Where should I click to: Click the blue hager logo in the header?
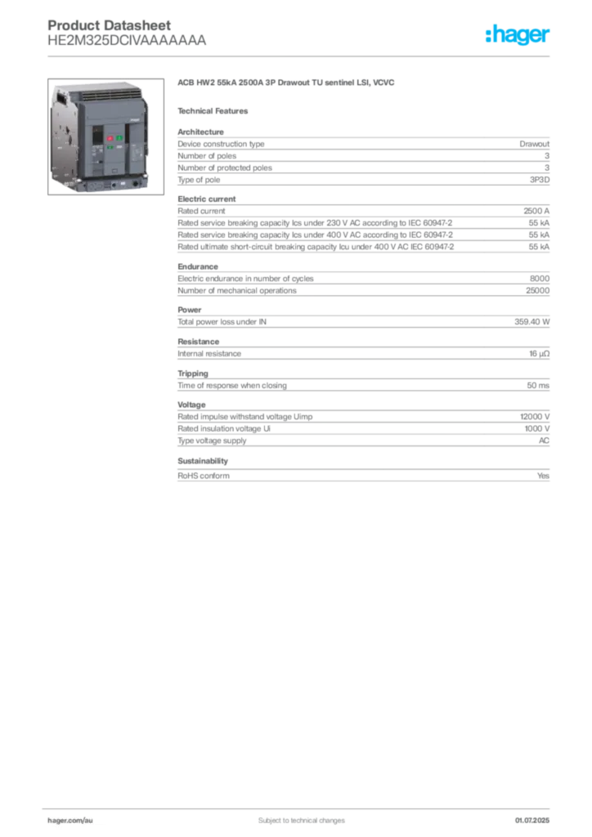tap(519, 35)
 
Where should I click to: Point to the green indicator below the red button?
tap(109, 147)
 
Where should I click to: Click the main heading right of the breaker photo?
tap(287, 83)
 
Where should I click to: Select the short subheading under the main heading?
tap(215, 110)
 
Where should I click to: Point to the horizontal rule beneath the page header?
tap(301, 56)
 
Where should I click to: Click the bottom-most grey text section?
tap(363, 441)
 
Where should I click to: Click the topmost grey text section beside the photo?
tap(363, 187)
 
